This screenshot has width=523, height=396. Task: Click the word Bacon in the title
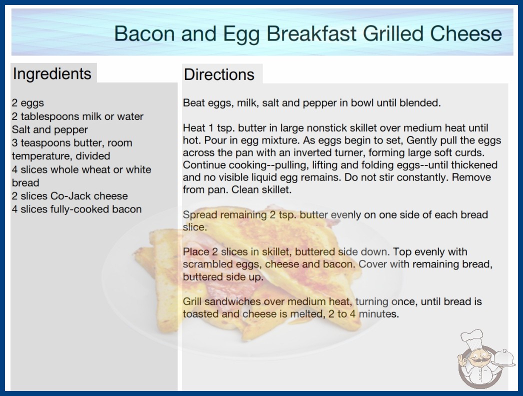point(144,33)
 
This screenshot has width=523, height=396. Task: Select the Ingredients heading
point(52,74)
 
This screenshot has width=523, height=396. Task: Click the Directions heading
point(219,74)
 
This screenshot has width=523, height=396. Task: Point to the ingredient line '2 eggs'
point(27,103)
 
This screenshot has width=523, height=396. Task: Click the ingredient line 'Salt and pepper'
point(49,129)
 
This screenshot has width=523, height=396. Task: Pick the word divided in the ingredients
point(92,156)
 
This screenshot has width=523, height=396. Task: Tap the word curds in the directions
point(469,153)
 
